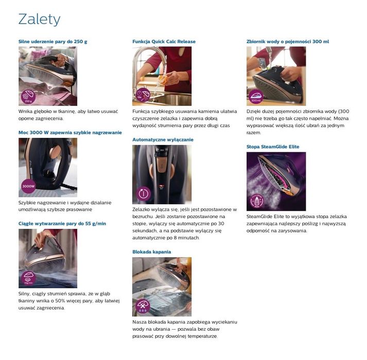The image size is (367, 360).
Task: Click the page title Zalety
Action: click(39, 20)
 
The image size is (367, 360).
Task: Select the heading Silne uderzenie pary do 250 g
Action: click(53, 42)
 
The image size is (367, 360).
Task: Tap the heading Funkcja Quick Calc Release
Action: click(164, 42)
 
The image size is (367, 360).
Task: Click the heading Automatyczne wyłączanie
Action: click(163, 140)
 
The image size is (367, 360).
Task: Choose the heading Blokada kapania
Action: click(152, 252)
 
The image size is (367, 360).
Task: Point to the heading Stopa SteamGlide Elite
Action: click(273, 147)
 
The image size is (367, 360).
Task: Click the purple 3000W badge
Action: click(28, 186)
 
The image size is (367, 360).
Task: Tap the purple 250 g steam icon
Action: click(28, 97)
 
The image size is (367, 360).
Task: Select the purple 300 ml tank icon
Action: click(256, 97)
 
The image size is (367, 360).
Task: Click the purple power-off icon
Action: click(143, 193)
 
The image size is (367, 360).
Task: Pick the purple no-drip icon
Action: click(143, 306)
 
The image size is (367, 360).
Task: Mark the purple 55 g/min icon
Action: click(28, 278)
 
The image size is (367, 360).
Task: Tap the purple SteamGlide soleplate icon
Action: click(257, 201)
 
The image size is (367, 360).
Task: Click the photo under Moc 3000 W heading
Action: click(48, 167)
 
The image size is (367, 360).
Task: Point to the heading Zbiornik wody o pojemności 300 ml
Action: click(288, 42)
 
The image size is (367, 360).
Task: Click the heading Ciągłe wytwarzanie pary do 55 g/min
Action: click(62, 224)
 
